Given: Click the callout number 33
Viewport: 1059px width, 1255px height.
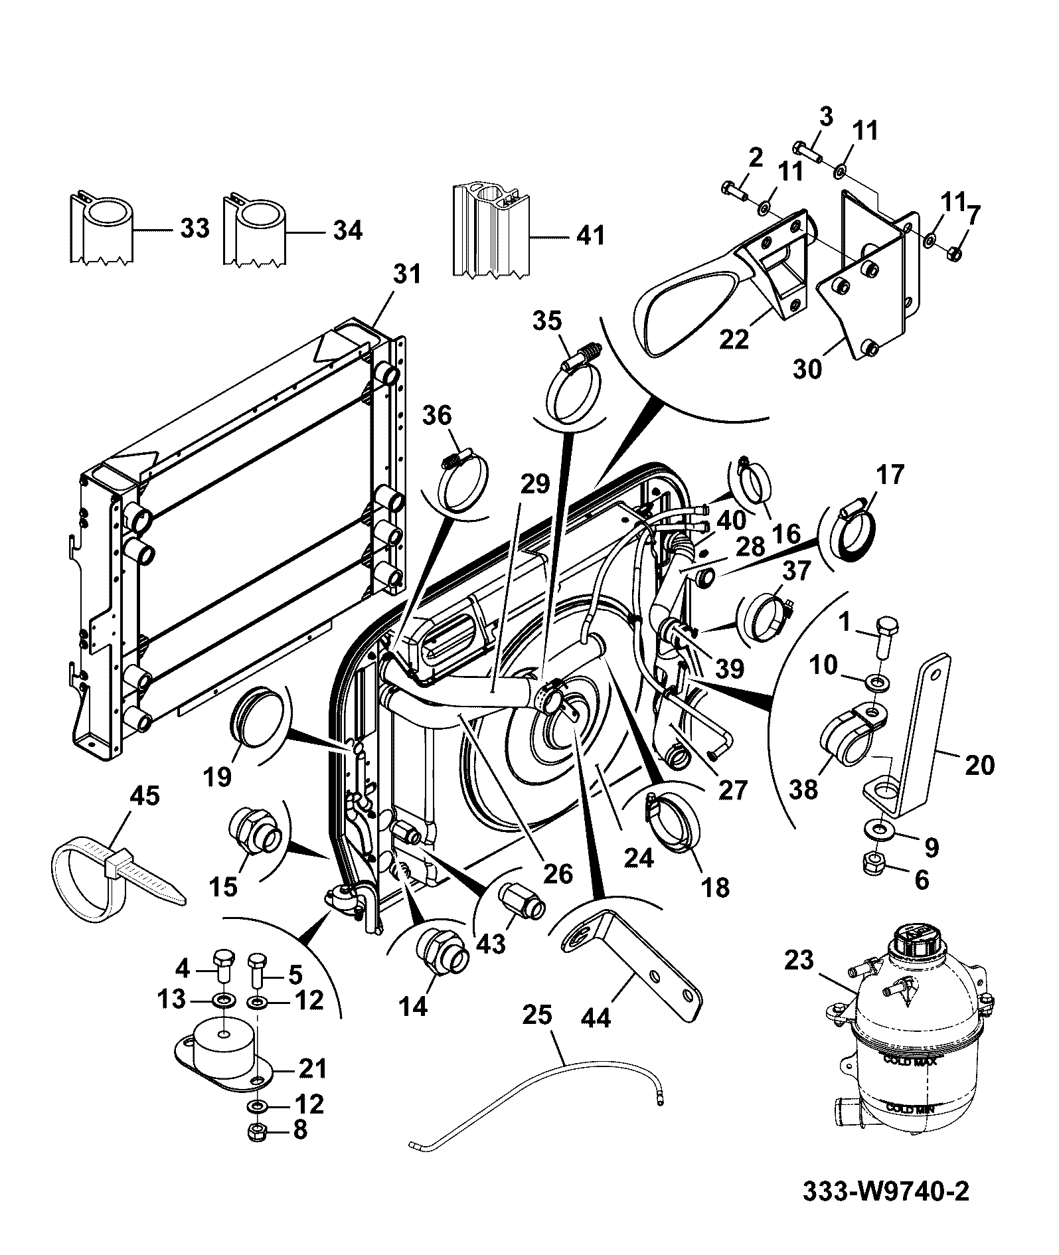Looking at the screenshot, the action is point(193,229).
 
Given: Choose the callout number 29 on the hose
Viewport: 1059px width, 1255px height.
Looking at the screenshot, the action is point(535,485).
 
